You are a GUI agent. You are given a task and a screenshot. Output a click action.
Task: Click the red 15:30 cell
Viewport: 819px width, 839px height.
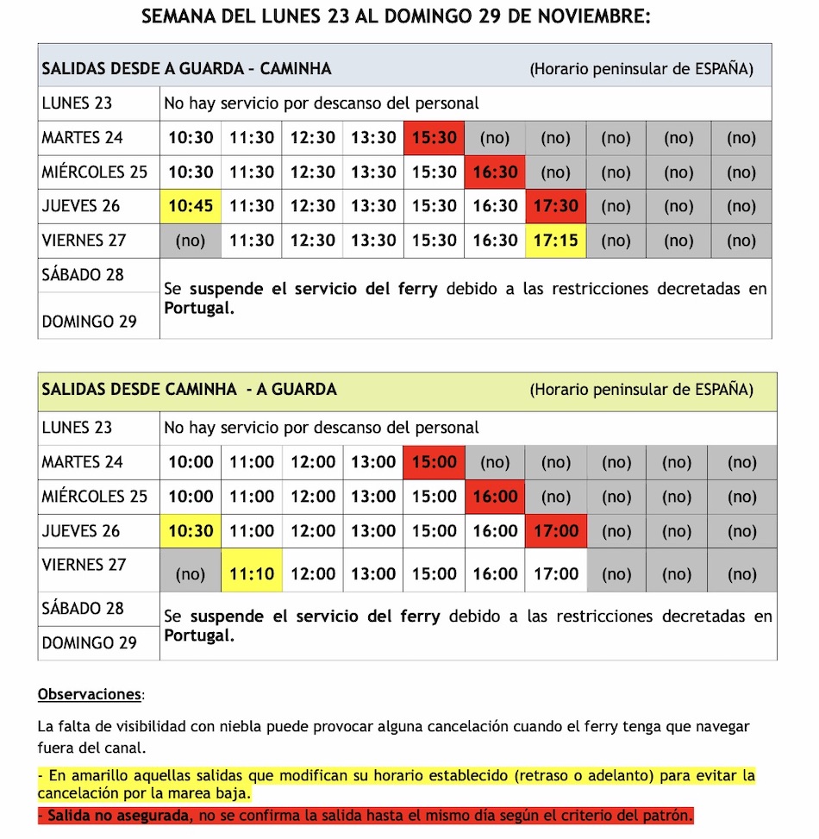(434, 138)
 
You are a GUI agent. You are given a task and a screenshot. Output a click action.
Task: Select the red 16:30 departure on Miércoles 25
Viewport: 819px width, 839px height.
(495, 172)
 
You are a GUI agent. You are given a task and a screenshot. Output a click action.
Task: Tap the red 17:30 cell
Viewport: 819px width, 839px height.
(556, 207)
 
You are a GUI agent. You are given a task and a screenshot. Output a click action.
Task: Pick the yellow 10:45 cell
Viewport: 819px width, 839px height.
(191, 207)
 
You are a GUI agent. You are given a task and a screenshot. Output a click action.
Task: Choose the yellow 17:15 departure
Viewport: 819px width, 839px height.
(556, 241)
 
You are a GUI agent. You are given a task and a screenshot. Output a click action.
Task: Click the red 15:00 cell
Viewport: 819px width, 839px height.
(434, 462)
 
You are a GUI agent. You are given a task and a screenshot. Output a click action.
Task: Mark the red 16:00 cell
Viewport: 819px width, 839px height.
(495, 497)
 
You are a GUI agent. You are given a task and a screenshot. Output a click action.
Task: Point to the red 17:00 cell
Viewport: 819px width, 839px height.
(556, 531)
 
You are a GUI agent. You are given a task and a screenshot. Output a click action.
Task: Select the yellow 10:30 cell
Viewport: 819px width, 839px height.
(191, 531)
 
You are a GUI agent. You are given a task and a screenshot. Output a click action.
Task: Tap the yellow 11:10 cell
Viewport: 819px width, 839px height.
(252, 573)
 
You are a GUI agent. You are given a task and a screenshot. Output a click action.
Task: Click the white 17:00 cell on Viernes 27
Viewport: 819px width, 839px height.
(556, 573)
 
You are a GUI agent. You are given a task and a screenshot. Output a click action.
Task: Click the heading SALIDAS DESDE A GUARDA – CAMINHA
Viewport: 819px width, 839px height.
(186, 69)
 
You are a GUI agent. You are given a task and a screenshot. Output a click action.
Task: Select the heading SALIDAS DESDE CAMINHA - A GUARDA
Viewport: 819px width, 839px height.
(189, 390)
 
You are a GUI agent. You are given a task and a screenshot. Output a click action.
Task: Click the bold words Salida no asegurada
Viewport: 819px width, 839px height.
(118, 816)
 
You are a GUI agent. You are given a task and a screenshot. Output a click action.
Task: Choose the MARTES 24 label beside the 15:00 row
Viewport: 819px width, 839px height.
(82, 462)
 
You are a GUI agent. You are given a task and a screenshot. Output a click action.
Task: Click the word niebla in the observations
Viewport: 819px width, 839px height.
(269, 727)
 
